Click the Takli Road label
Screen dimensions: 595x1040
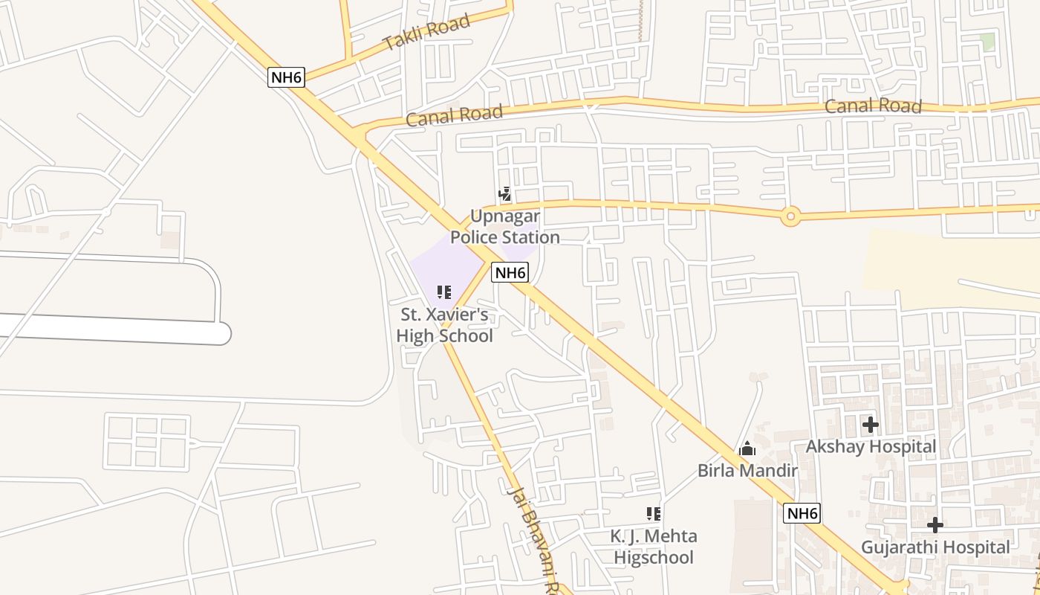pos(426,32)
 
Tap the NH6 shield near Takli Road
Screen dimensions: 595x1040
pos(287,76)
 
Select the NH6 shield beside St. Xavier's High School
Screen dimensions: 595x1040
pos(510,272)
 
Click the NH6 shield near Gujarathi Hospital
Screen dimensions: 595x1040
pos(802,513)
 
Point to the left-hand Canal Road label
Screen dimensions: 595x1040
pos(455,115)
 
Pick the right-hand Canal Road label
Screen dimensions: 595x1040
pos(873,106)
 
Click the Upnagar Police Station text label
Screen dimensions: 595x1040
pos(505,227)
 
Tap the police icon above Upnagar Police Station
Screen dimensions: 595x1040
pos(504,195)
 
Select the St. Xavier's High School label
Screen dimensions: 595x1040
pos(444,325)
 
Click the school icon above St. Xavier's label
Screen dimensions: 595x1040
pos(444,292)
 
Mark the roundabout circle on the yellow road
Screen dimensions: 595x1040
pos(790,217)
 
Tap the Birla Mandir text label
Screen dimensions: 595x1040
pos(747,471)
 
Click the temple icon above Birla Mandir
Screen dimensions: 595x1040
pos(747,448)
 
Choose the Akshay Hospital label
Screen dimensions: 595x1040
pos(871,447)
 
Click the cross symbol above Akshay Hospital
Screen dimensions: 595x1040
pos(870,425)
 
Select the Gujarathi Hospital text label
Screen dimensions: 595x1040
pos(935,547)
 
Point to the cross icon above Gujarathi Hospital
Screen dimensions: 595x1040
pos(935,525)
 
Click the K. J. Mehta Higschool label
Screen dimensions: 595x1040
pos(654,547)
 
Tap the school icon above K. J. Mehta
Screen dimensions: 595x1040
pos(654,513)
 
